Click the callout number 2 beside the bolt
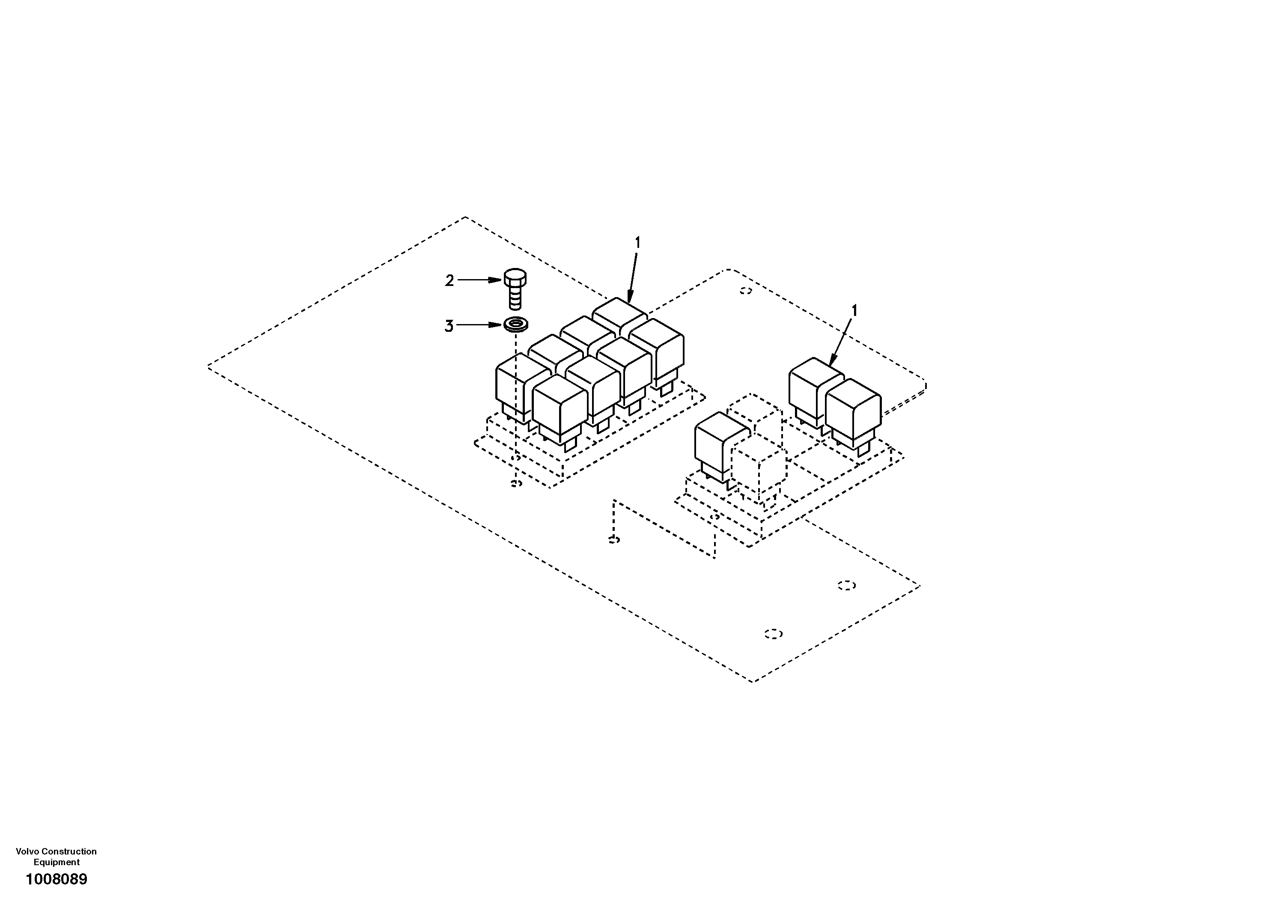coord(449,281)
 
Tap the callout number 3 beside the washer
coord(449,326)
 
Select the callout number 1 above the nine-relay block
coord(637,243)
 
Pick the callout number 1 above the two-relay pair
coord(854,311)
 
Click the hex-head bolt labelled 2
coord(515,289)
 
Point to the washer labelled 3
coord(515,324)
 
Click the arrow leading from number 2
coord(479,280)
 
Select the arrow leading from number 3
coord(479,324)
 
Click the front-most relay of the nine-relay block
coord(560,408)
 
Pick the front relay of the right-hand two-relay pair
coord(852,411)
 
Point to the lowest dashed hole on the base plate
coord(773,634)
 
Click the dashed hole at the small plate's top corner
coord(746,291)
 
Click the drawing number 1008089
coord(57,880)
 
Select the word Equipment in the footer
coord(57,862)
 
